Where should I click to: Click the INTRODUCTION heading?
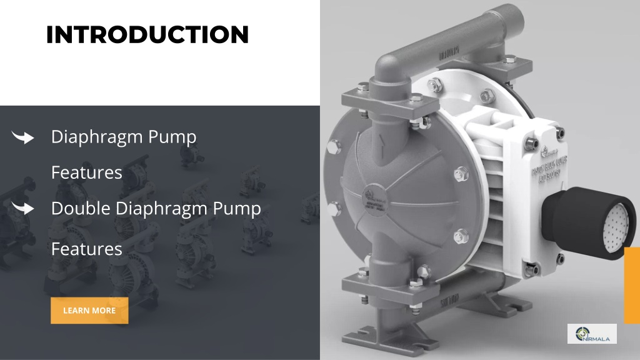coord(147,35)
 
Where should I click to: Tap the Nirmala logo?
coord(591,334)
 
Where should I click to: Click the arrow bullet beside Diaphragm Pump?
coord(23,137)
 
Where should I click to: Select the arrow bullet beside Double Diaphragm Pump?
coord(23,209)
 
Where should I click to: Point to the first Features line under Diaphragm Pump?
coord(86,172)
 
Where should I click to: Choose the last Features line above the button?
coord(86,249)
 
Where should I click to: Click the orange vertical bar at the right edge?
coord(632,285)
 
